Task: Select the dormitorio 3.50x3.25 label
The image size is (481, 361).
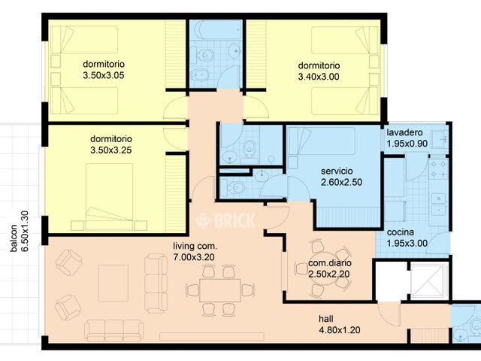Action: (x=111, y=144)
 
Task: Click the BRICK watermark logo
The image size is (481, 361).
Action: (x=225, y=220)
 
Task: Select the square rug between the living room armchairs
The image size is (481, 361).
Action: (x=113, y=284)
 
